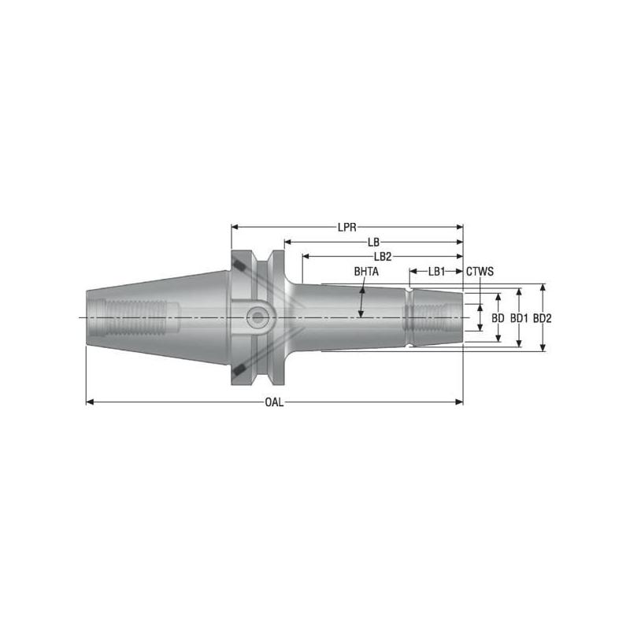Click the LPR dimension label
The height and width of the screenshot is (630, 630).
(x=347, y=227)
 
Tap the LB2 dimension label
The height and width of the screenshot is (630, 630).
(x=383, y=257)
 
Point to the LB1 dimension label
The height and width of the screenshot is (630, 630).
(x=436, y=272)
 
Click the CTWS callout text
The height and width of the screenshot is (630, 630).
(x=480, y=272)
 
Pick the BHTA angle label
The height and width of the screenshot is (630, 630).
(x=366, y=272)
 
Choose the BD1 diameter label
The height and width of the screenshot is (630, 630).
(x=518, y=318)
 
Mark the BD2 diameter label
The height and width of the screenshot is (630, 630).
(x=542, y=318)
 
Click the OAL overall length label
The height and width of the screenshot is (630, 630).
(x=274, y=402)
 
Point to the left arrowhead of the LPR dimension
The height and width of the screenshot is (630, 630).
(x=235, y=227)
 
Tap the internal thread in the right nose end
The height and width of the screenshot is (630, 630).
(x=426, y=317)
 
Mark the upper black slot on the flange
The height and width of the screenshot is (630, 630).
(x=236, y=267)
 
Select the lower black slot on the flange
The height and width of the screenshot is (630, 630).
(x=236, y=368)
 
